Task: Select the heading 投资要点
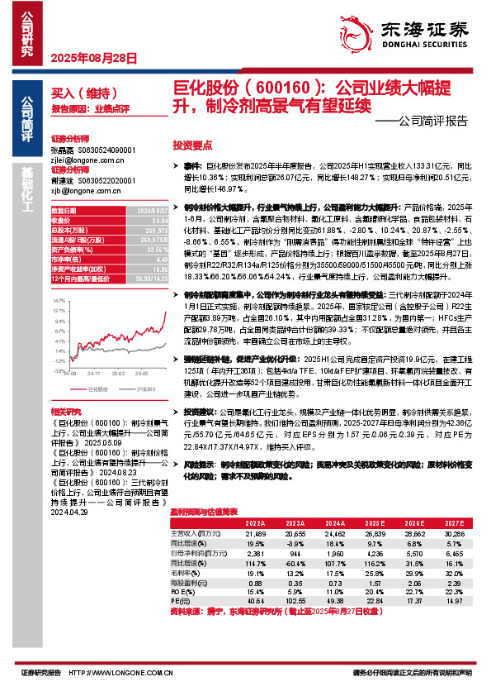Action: tap(191, 145)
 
